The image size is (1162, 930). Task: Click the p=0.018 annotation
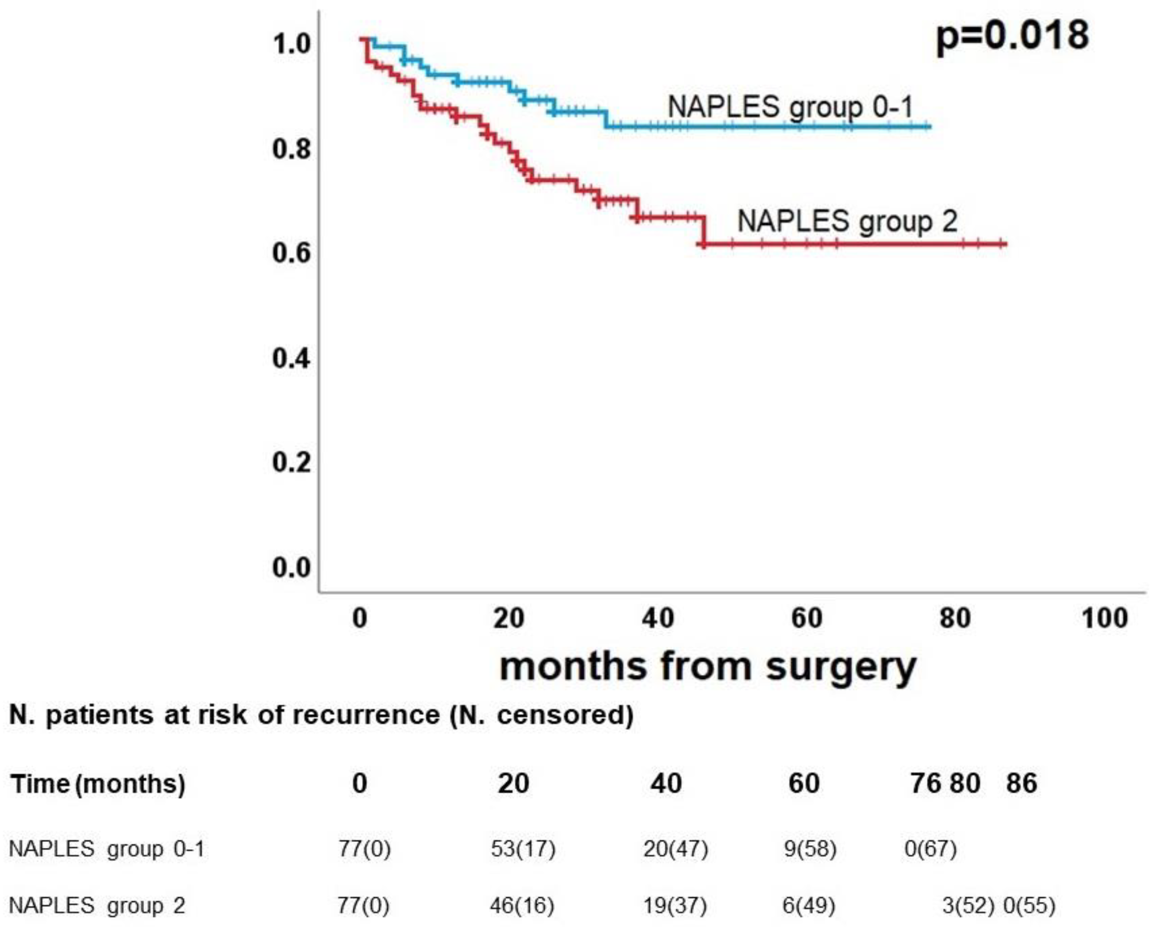coord(1012,36)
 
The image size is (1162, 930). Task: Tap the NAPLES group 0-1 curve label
coord(790,106)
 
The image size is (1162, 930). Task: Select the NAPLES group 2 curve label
coord(847,221)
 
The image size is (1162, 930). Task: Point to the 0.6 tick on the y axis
coord(292,253)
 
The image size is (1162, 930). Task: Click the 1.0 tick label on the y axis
coord(292,44)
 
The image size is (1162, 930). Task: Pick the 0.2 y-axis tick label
coord(292,462)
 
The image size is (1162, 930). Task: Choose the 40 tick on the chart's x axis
coord(658,618)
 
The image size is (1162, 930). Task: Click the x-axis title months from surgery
coord(708,666)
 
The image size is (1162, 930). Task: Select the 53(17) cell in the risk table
coord(523,849)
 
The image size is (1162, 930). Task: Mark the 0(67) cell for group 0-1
coord(930,849)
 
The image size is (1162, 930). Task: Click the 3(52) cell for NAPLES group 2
coord(968,905)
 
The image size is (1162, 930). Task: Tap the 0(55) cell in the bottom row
coord(1029,905)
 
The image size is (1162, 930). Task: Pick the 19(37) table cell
coord(675,905)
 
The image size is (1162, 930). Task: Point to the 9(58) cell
coord(810,849)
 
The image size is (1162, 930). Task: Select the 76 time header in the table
coord(926,783)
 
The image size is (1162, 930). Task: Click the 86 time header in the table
coord(1021,783)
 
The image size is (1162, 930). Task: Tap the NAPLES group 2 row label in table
coord(97,905)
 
